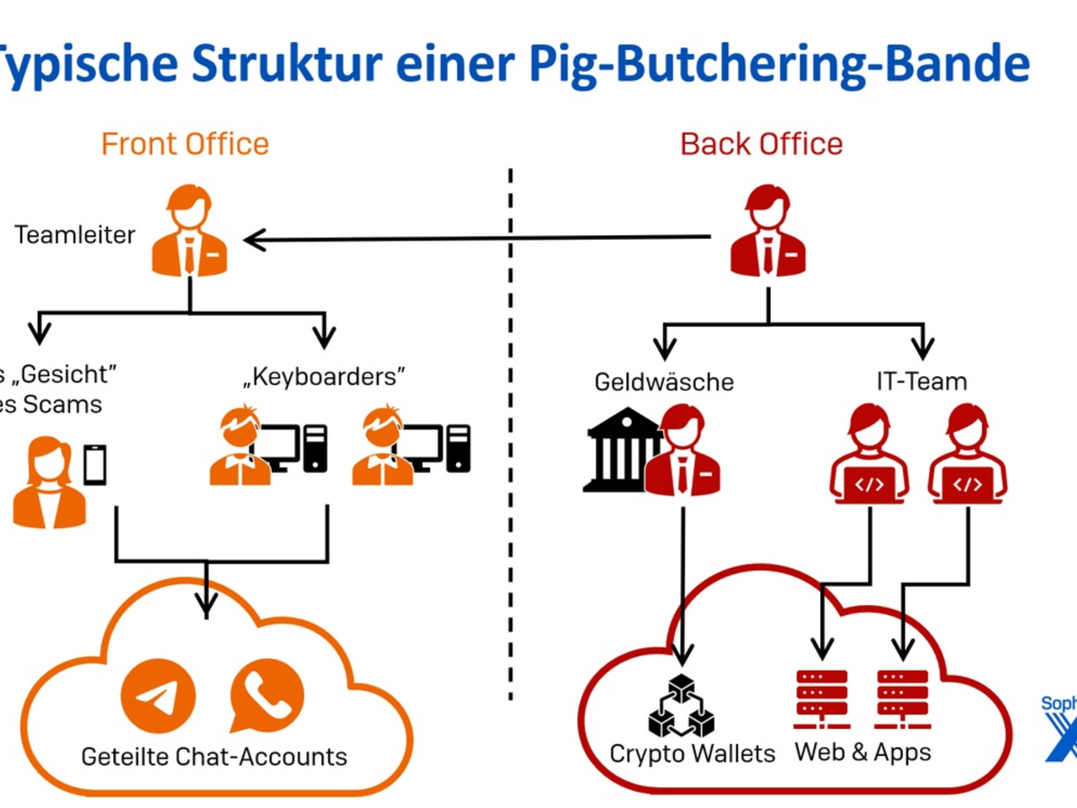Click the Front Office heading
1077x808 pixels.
(x=185, y=144)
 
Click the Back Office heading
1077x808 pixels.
(x=761, y=144)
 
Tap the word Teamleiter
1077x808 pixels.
(x=74, y=235)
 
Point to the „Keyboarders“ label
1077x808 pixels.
(x=324, y=376)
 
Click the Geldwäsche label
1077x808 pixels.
(x=664, y=382)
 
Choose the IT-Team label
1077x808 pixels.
(x=922, y=382)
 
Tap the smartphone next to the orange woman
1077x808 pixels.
(x=94, y=465)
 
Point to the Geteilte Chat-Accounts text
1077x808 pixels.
(x=214, y=756)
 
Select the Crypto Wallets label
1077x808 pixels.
(x=692, y=753)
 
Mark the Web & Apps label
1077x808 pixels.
(x=863, y=751)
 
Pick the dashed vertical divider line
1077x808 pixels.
(x=511, y=431)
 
